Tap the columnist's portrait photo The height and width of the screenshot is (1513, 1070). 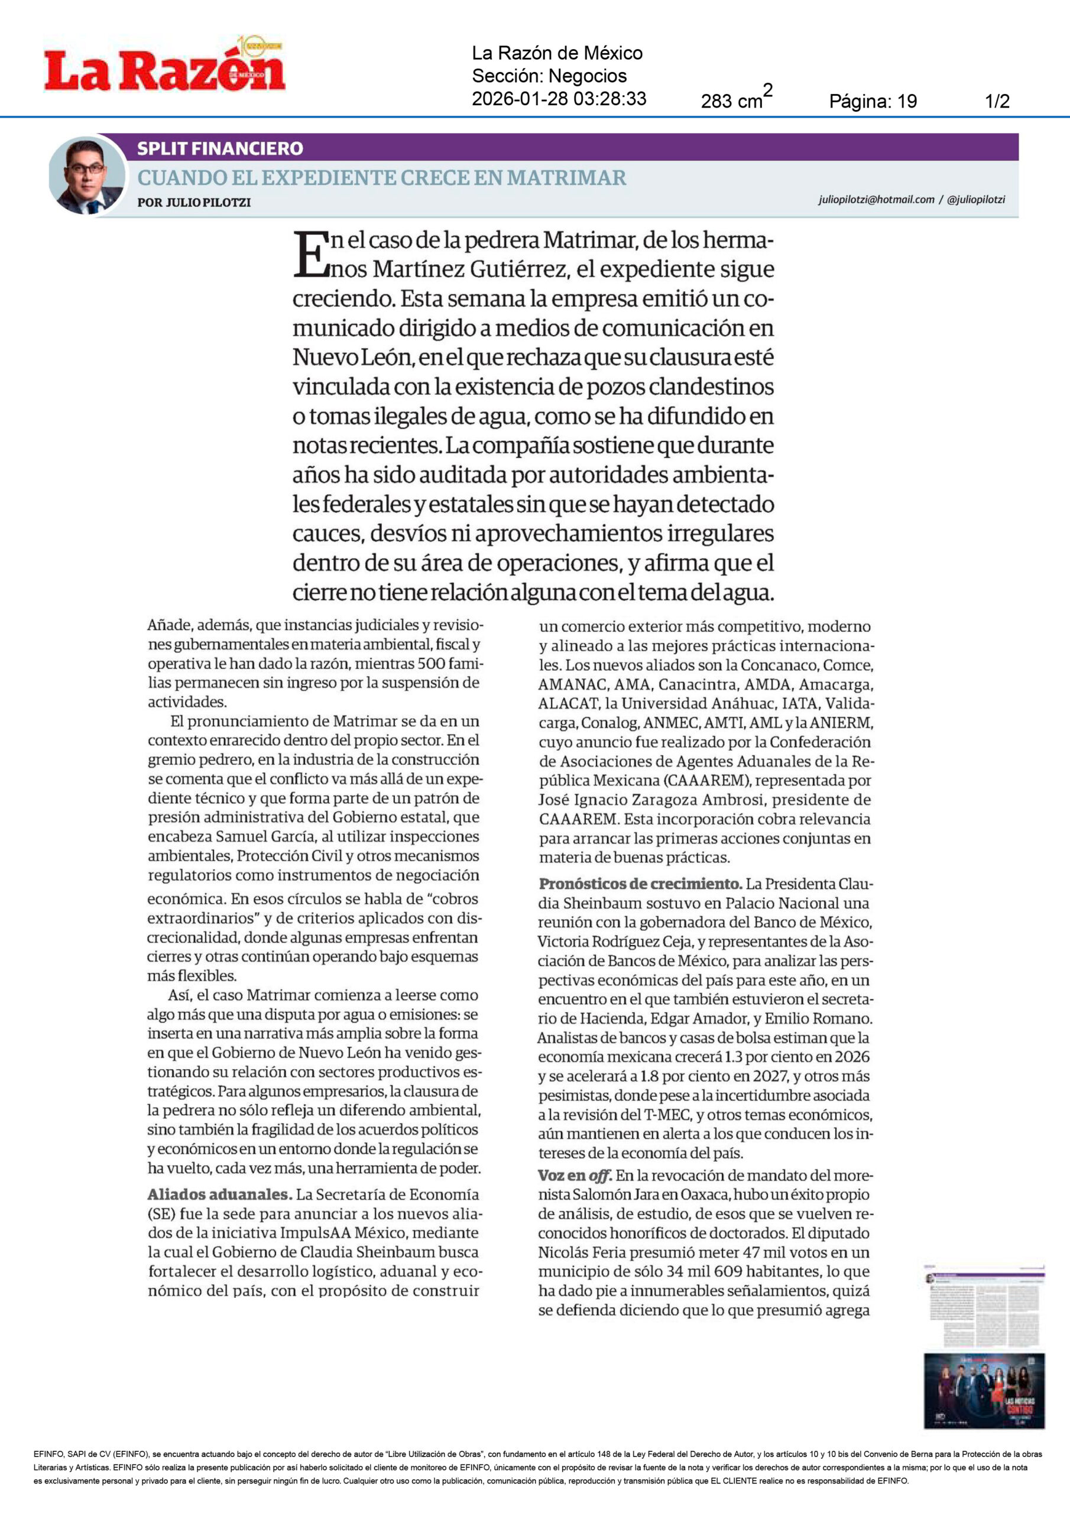click(x=86, y=176)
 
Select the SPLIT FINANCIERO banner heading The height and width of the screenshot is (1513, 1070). click(x=219, y=148)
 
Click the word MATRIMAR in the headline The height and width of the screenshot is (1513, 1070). click(x=566, y=177)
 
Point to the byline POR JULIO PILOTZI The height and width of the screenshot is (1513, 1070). click(x=194, y=202)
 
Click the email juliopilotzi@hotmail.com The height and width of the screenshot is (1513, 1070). click(x=876, y=199)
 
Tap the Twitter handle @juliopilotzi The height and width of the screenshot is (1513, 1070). click(x=976, y=199)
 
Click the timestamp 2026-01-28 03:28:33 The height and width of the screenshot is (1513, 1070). click(x=559, y=99)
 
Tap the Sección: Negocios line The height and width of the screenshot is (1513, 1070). click(x=549, y=76)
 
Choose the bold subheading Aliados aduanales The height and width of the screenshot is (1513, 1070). click(x=219, y=1194)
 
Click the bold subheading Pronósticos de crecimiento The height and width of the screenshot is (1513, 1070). click(x=640, y=884)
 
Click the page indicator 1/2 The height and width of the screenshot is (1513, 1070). click(x=997, y=102)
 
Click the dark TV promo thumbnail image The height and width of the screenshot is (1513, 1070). click(x=984, y=1391)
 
